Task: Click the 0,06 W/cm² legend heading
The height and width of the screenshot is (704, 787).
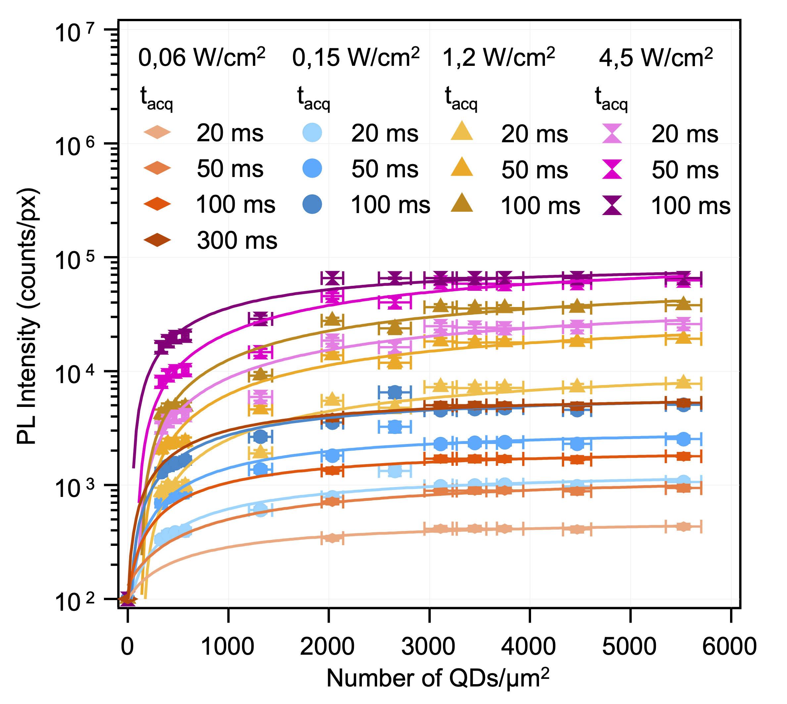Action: point(202,58)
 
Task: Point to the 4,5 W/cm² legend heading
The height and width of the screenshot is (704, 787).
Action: point(656,58)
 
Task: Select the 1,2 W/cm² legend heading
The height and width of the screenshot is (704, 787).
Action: point(499,58)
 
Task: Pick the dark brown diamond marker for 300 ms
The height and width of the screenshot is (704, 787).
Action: point(157,240)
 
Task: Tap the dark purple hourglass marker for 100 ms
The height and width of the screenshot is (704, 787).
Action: point(613,205)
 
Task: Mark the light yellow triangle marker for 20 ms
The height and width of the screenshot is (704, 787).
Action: point(462,132)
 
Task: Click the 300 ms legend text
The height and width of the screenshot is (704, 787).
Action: point(237,241)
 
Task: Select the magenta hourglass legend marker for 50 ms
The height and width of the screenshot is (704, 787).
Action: point(613,169)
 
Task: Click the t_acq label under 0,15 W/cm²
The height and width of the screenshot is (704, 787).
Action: point(313,98)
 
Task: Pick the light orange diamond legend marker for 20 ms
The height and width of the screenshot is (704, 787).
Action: point(157,132)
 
